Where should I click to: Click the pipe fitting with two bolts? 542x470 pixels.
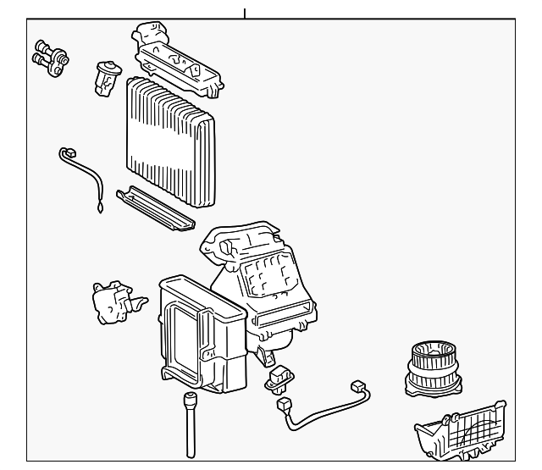[50, 56]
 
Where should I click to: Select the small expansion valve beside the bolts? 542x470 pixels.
[108, 75]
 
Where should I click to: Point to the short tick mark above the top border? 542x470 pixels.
[245, 13]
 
